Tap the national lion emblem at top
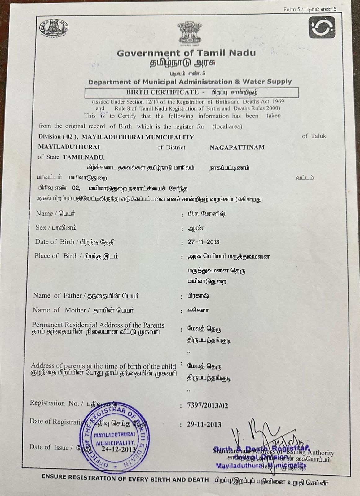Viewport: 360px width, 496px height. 189,33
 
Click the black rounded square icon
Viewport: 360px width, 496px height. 322,28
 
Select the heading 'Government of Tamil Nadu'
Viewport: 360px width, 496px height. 187,53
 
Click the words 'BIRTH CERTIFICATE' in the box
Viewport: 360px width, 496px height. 162,92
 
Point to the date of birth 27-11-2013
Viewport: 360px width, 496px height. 203,242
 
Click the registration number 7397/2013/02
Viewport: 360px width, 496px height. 208,405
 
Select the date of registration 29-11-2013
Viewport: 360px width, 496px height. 204,424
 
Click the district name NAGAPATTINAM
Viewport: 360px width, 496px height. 237,148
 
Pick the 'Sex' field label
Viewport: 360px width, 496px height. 41,228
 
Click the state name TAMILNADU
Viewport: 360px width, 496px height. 84,157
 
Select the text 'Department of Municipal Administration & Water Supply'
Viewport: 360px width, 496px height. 190,82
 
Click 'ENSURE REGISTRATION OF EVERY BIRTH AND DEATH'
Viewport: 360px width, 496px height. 125,479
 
